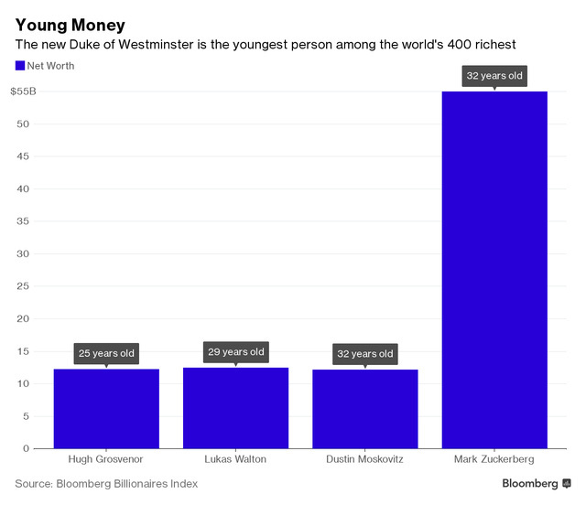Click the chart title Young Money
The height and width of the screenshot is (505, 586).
point(71,25)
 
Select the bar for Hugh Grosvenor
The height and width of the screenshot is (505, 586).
point(106,408)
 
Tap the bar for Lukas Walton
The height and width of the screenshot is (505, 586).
point(235,408)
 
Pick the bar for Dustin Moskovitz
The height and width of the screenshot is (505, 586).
point(364,408)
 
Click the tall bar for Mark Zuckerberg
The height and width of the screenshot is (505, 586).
point(494,270)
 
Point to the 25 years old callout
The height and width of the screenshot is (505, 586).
point(106,353)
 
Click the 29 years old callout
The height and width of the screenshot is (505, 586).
point(235,352)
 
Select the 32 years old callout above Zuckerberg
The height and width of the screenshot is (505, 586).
point(494,76)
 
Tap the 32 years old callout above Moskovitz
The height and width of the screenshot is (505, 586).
point(364,354)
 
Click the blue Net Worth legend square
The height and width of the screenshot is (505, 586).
point(20,66)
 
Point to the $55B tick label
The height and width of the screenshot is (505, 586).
point(24,91)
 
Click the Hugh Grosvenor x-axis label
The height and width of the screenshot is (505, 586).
point(106,459)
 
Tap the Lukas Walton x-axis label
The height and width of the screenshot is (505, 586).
point(235,459)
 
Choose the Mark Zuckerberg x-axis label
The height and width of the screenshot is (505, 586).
point(494,459)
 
